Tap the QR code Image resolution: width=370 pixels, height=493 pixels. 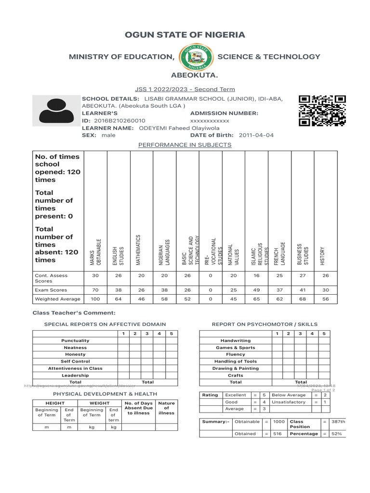(322, 111)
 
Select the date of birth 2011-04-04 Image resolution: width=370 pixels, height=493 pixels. (256, 135)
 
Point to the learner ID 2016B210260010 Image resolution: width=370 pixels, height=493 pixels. (119, 120)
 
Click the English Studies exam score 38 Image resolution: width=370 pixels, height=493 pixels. (118, 290)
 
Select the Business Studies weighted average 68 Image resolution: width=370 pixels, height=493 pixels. (303, 299)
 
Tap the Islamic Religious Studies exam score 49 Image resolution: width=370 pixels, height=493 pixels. (256, 290)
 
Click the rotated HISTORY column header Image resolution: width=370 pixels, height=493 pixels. (323, 255)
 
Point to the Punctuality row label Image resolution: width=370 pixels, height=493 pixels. (75, 340)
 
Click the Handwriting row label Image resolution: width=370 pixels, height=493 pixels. (236, 340)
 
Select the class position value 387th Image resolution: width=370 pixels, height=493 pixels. (339, 422)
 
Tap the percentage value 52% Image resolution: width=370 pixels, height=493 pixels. (336, 434)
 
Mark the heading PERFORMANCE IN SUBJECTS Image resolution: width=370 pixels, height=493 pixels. (185, 145)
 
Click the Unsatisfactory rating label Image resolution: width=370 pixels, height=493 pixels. (289, 402)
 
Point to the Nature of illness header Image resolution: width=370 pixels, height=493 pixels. (166, 408)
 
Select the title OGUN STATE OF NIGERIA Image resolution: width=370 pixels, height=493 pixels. (185, 35)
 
